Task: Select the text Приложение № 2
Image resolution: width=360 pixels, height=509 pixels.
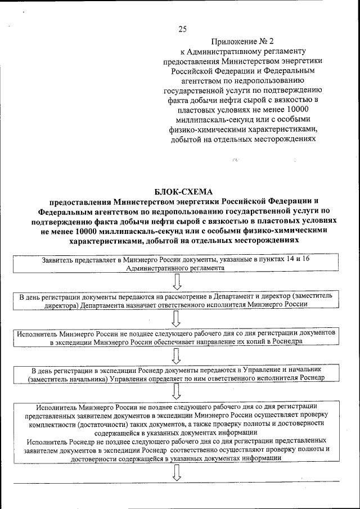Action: [x=242, y=42]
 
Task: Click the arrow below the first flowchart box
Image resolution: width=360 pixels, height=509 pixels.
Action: [x=176, y=282]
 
